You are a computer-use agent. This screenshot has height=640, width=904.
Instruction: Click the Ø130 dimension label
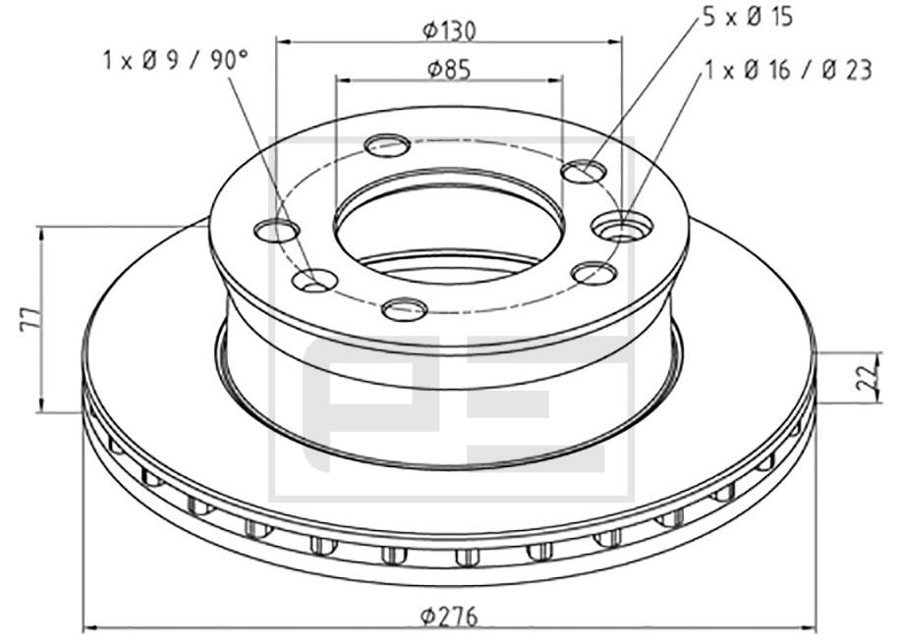click(449, 29)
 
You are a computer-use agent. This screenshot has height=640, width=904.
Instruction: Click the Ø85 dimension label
click(449, 69)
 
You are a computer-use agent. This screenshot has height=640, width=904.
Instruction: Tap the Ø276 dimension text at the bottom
click(450, 617)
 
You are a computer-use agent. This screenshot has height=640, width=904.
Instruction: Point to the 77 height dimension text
click(30, 318)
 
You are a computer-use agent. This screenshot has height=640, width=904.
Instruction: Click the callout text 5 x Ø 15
click(748, 18)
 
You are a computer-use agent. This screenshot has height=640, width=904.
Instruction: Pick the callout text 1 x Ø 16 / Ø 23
click(789, 71)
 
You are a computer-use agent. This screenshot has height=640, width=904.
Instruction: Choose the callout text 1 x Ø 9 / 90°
click(176, 60)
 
